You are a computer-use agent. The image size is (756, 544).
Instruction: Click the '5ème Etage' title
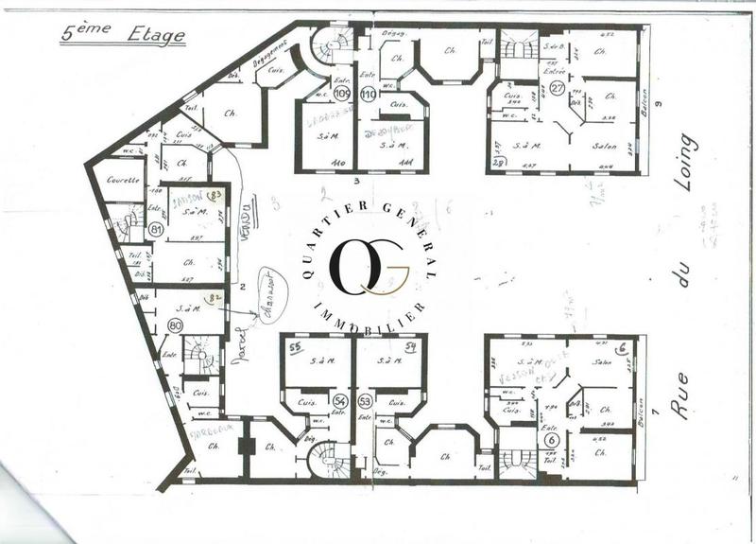(122, 33)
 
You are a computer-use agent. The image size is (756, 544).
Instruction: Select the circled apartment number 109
(342, 94)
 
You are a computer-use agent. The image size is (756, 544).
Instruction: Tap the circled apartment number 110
(368, 94)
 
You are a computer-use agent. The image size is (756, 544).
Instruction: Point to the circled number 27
(557, 88)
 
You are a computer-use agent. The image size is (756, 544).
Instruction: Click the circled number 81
(157, 229)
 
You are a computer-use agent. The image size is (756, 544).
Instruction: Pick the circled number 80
(174, 325)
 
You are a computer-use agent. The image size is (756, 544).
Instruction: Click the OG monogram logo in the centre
(369, 264)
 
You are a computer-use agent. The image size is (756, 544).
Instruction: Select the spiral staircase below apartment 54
(330, 461)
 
